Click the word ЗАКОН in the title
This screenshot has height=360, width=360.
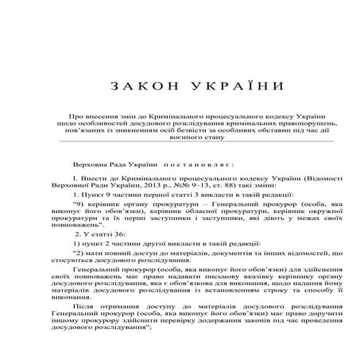click(134, 85)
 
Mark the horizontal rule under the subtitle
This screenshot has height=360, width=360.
click(180, 143)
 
